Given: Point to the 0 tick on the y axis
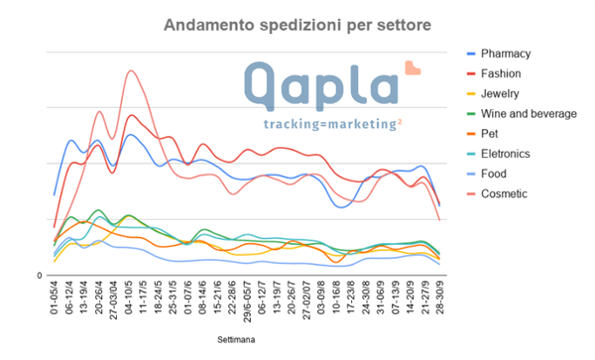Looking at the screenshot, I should pyautogui.click(x=41, y=275).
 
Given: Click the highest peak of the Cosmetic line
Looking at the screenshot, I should pyautogui.click(x=131, y=70).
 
